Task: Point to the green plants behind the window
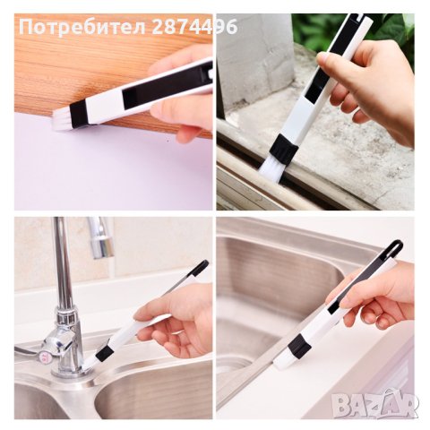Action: (309, 31)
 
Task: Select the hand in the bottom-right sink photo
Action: (376, 296)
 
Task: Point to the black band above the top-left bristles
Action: (79, 111)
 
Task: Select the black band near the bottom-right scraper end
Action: (299, 345)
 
